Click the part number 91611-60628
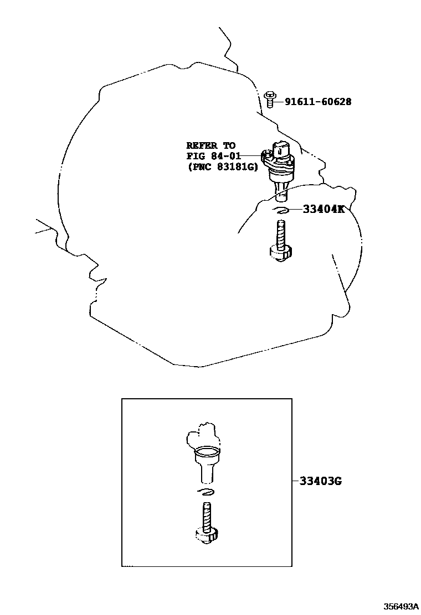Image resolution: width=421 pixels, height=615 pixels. pos(318,102)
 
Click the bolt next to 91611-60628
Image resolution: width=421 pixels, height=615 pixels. pos(270,100)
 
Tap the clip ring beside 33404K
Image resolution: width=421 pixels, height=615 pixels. pos(281,210)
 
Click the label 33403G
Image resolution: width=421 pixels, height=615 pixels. pos(321,481)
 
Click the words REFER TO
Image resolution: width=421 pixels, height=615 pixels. pos(210,146)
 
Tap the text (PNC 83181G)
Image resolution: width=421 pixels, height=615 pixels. pos(222,167)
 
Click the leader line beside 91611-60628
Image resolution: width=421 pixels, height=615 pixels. pos(280,102)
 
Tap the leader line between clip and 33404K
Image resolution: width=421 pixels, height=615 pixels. pos(295,210)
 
